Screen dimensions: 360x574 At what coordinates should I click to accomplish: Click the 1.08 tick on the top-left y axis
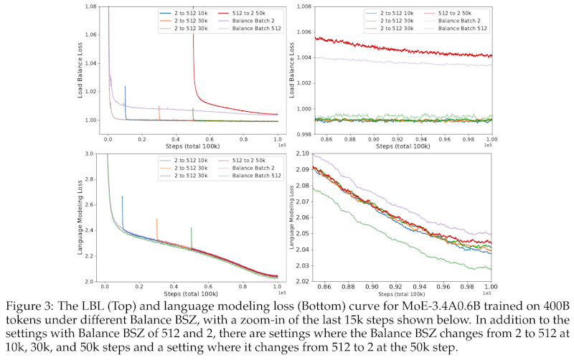pyautogui.click(x=91, y=7)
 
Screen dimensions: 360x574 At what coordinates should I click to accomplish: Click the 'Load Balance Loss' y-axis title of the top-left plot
pyautogui.click(x=80, y=63)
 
